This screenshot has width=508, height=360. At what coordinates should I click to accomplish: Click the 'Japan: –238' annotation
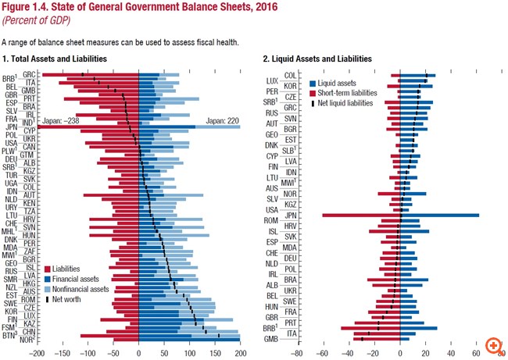(60, 121)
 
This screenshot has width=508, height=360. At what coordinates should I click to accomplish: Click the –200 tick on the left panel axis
(34, 351)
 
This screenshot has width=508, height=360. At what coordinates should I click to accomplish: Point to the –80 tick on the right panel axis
(296, 351)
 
